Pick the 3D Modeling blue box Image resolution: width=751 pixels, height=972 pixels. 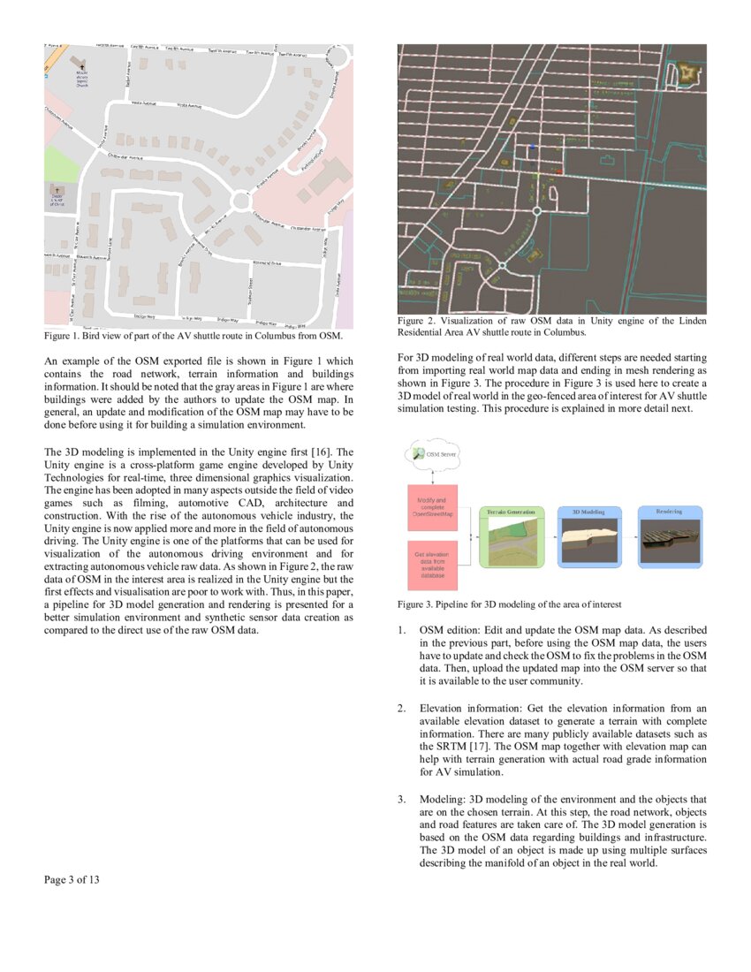coord(589,536)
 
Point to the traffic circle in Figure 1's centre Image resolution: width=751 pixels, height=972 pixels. coord(239,201)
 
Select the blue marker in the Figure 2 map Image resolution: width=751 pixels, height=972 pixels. coord(533,146)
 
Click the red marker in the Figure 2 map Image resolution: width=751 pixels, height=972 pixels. coord(558,170)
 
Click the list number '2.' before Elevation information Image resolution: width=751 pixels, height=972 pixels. coord(401,709)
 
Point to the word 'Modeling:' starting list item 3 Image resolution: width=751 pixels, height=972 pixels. coord(444,801)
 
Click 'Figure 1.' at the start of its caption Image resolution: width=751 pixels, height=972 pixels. coord(63,336)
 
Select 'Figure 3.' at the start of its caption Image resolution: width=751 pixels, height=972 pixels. coord(416,604)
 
